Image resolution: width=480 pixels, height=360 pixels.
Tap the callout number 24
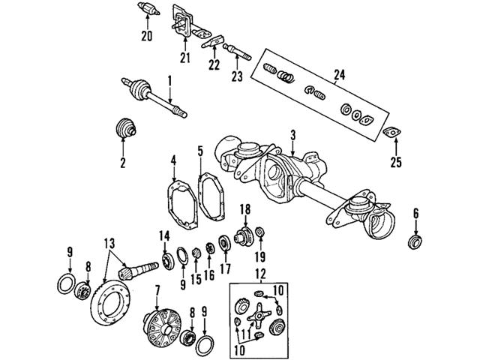(x=336, y=73)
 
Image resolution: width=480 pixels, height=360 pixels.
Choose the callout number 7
(x=157, y=289)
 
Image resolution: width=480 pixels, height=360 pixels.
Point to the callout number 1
(x=169, y=79)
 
